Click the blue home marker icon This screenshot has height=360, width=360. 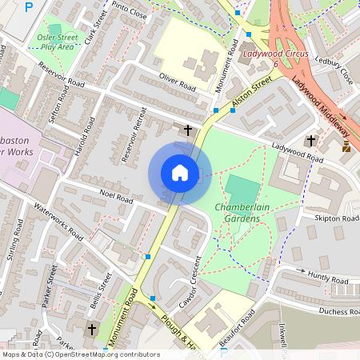[x=180, y=173]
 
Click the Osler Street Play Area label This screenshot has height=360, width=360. [x=57, y=42]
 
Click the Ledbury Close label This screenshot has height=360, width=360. [x=334, y=70]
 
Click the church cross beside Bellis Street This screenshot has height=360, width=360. [x=91, y=329]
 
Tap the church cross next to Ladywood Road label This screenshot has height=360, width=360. [x=310, y=141]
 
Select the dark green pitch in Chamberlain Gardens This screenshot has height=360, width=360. [x=242, y=190]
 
